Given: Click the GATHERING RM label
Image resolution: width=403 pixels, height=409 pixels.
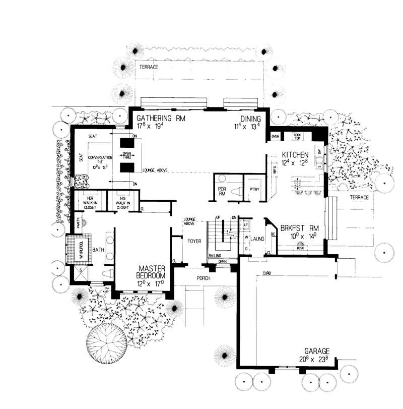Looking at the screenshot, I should [162, 119].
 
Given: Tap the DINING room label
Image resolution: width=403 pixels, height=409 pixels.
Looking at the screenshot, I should [250, 119].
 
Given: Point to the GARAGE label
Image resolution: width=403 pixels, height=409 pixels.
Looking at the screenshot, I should [317, 350].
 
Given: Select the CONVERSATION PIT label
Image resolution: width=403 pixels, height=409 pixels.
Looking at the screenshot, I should [100, 160].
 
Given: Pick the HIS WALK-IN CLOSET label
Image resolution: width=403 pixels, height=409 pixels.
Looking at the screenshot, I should [123, 203].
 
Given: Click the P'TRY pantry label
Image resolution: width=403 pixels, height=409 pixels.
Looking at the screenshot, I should [253, 189].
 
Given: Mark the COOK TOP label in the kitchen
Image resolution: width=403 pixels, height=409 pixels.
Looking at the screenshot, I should [297, 136].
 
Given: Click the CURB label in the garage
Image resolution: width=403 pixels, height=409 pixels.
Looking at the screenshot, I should [266, 273].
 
